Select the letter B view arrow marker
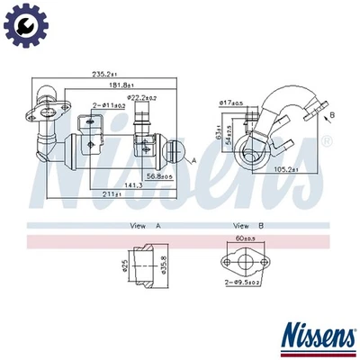[x=331, y=116]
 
